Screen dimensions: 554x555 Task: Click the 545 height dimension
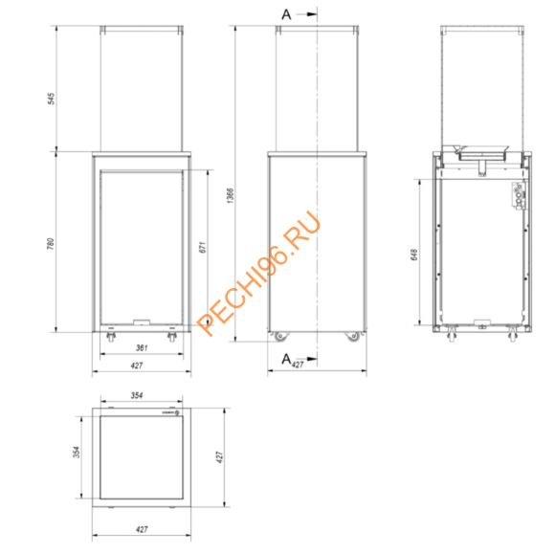coord(51,99)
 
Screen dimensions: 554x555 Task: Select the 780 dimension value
coord(51,244)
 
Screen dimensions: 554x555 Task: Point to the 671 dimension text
coord(205,248)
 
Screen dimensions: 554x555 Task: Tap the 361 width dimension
coord(141,348)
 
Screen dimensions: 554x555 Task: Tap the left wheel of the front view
coord(109,337)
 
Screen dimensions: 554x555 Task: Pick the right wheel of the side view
coord(353,337)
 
